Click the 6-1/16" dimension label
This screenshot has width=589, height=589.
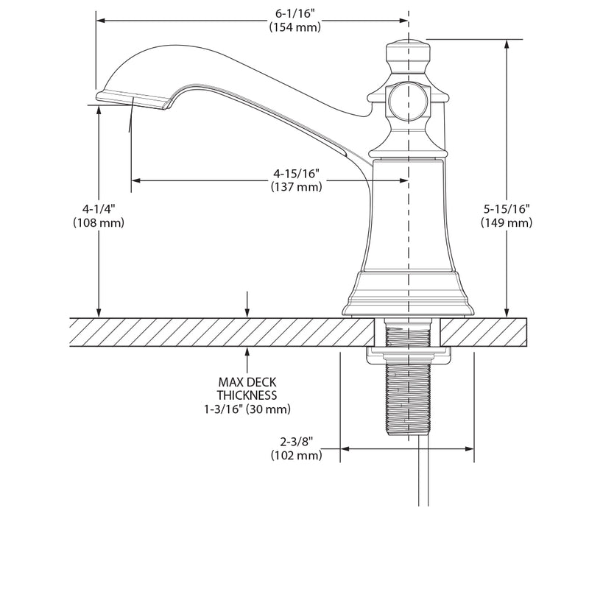pos(295,14)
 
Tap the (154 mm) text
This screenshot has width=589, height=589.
pos(295,27)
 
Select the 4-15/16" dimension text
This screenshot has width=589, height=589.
pos(297,174)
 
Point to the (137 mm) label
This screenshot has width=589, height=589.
pos(297,187)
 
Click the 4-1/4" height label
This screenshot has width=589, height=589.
pos(99,209)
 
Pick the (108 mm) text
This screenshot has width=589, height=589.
pos(99,222)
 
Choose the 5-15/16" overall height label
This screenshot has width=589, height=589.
pos(507,209)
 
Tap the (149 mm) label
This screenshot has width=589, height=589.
pos(507,222)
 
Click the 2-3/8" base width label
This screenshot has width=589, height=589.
pos(297,442)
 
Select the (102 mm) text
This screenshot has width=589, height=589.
pos(297,455)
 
